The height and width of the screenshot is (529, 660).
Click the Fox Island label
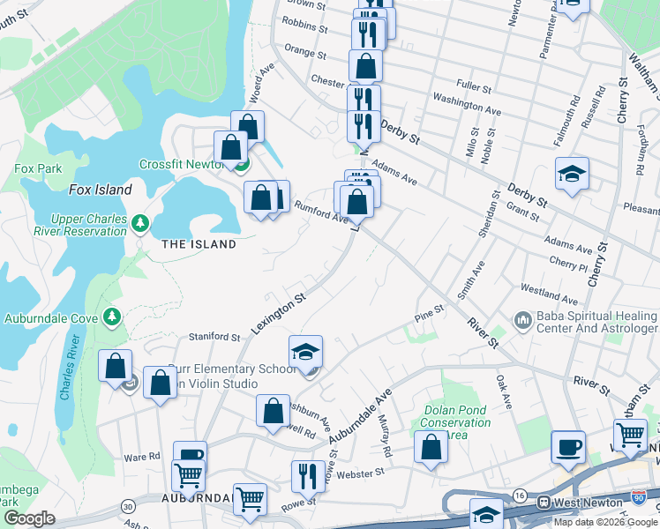pos(100,190)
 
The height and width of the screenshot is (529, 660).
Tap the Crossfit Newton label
pos(182,164)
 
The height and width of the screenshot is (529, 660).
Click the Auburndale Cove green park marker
pos(111,316)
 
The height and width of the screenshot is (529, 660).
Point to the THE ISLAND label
pos(199,244)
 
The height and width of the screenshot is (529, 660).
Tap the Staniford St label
pos(216,337)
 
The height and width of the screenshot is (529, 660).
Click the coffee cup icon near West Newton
pos(567,446)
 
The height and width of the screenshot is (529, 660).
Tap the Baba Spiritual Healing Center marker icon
pos(522,318)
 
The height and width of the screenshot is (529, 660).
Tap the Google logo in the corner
pos(30,519)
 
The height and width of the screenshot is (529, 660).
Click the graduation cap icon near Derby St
pos(571,174)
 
